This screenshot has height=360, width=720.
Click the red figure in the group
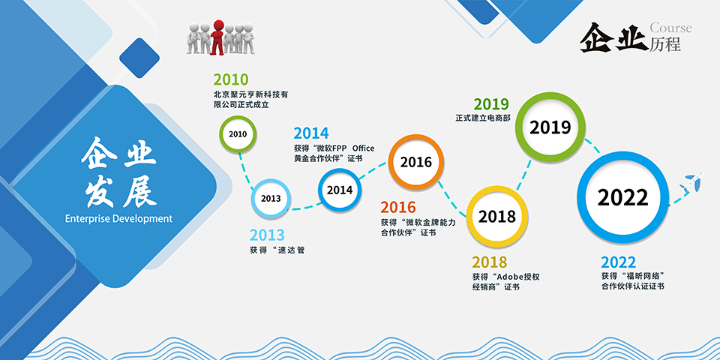[217, 37]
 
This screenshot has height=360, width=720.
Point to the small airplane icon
[691, 182]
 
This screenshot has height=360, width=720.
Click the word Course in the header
[670, 28]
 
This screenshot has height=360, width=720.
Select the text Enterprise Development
[118, 218]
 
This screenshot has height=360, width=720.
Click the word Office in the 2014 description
[363, 148]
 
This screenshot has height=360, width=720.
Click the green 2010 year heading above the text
[230, 79]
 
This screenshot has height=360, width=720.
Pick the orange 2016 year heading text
[397, 208]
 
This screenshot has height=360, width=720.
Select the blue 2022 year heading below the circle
[619, 262]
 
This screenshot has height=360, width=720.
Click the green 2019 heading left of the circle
[491, 104]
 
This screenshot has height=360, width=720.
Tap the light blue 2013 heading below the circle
[267, 235]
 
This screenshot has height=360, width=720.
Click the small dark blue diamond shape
[139, 58]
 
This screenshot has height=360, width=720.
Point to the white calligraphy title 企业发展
[118, 172]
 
